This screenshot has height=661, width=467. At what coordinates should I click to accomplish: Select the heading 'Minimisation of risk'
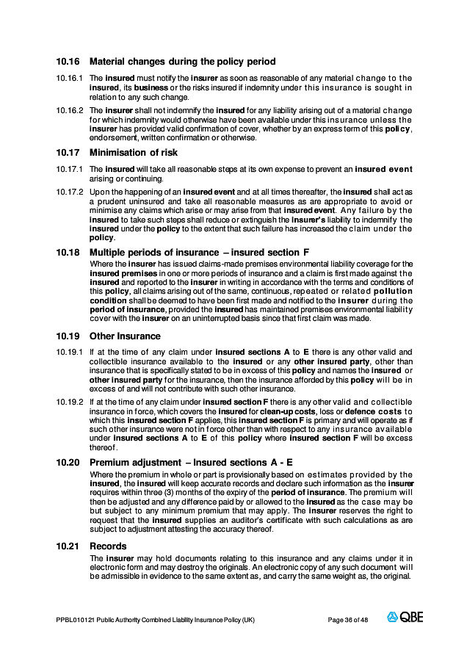134,153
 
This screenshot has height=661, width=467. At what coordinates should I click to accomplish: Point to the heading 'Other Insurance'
125,336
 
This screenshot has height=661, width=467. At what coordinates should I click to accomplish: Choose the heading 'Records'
108,546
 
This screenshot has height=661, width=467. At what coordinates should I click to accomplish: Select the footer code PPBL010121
74,620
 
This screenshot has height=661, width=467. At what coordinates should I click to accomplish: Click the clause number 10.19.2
69,402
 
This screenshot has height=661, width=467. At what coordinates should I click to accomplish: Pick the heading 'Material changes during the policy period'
182,62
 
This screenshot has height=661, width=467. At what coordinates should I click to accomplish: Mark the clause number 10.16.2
69,110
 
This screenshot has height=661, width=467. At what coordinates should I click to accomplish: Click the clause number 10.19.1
69,353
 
